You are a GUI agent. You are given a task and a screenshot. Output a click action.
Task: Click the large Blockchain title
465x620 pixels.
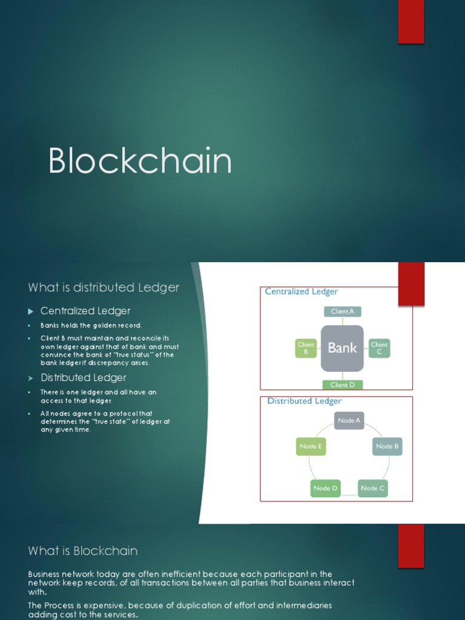pyautogui.click(x=140, y=162)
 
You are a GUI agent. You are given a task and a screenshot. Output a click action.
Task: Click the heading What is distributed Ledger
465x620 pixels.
pyautogui.click(x=104, y=288)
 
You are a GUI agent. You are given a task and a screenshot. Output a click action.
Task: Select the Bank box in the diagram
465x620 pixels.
pyautogui.click(x=342, y=348)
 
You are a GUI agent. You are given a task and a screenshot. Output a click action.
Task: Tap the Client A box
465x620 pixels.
pyautogui.click(x=343, y=311)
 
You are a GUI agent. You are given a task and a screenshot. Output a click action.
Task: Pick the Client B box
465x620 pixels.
pyautogui.click(x=306, y=348)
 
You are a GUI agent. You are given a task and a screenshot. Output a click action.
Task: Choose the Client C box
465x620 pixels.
pyautogui.click(x=379, y=348)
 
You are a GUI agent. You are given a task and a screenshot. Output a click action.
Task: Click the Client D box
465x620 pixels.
pyautogui.click(x=343, y=384)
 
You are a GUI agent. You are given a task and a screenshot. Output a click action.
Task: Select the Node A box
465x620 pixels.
pyautogui.click(x=349, y=420)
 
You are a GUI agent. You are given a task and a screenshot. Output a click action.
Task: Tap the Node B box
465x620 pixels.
pyautogui.click(x=387, y=446)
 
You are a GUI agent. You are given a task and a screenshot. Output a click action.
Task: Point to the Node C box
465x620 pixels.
pyautogui.click(x=372, y=488)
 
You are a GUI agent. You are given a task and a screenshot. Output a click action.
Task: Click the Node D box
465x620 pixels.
pyautogui.click(x=326, y=488)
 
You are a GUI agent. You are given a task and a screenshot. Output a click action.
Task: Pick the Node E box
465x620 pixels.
pyautogui.click(x=311, y=447)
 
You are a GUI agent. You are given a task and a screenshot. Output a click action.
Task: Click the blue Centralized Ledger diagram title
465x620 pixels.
pyautogui.click(x=302, y=292)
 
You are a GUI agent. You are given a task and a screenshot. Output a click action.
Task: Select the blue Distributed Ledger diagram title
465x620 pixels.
pyautogui.click(x=305, y=401)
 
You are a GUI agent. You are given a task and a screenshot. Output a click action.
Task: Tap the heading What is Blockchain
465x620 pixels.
pyautogui.click(x=83, y=551)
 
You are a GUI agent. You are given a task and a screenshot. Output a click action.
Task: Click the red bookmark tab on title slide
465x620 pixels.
pyautogui.click(x=411, y=21)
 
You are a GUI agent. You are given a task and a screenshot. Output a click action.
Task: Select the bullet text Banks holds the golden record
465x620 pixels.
pyautogui.click(x=91, y=326)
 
